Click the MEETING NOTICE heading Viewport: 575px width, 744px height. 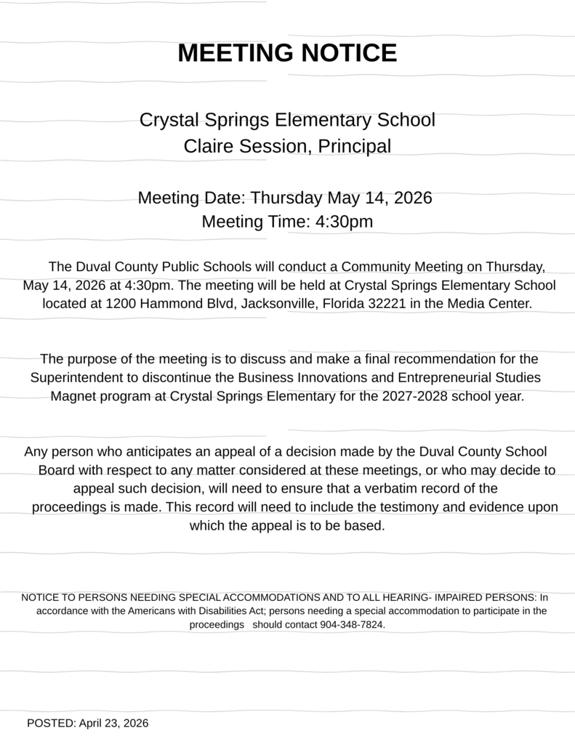[287, 53]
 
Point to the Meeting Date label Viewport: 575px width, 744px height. [192, 198]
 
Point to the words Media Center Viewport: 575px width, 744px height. [494, 303]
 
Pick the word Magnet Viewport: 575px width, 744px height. [72, 397]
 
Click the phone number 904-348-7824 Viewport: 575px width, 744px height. [352, 625]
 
